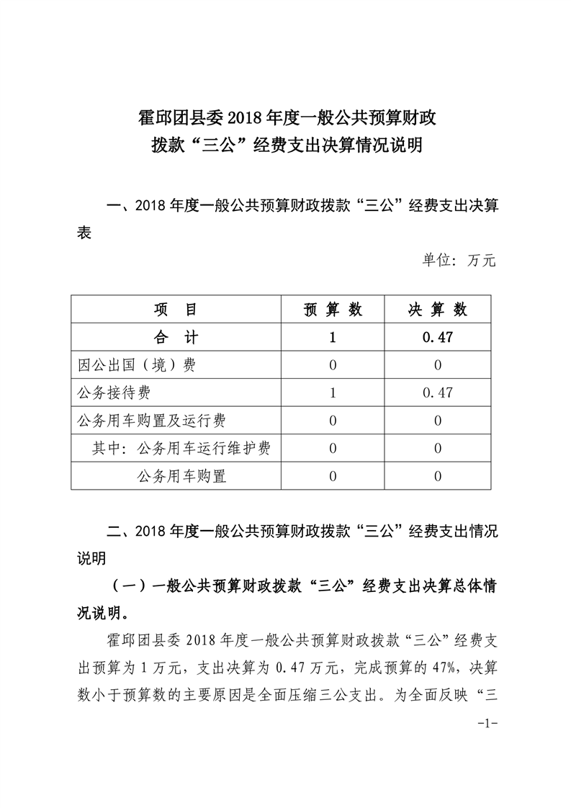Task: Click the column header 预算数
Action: coord(333,310)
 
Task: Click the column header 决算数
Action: coord(438,310)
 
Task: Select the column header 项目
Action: coord(176,310)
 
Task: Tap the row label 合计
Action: coord(176,337)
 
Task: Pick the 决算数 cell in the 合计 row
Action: coord(438,337)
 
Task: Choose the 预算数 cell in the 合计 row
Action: coord(333,337)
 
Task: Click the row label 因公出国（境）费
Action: coord(137,365)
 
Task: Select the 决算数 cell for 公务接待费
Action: coord(438,392)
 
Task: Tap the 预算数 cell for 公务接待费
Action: coord(333,392)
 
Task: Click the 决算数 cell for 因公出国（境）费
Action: coord(438,365)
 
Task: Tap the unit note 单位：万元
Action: coord(459,261)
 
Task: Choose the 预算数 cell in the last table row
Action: coord(333,476)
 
